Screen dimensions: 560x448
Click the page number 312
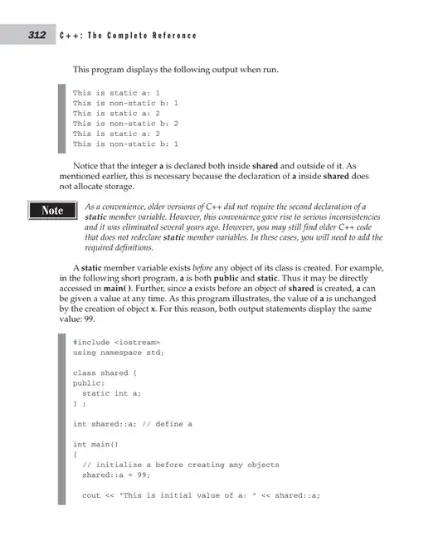point(36,35)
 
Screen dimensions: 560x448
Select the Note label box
point(52,211)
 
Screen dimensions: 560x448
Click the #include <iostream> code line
point(116,341)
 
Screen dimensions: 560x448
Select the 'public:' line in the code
point(88,383)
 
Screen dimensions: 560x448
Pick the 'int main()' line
point(95,445)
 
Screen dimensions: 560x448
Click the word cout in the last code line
point(91,496)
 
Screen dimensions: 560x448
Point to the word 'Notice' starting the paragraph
point(87,166)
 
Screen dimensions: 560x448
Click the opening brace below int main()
point(75,455)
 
